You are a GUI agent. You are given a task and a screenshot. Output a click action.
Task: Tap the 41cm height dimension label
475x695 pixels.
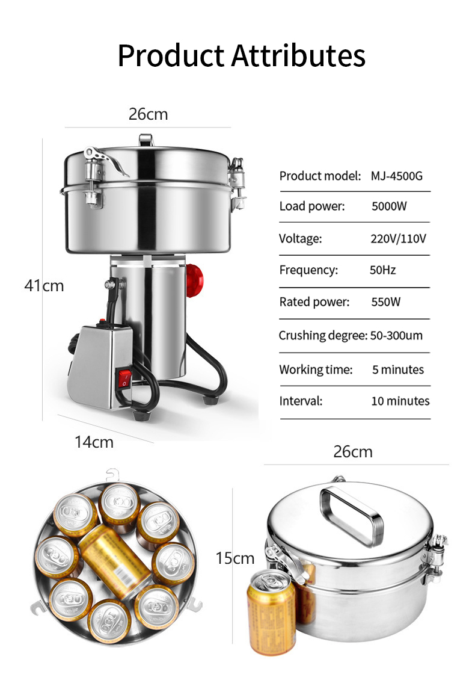[44, 285]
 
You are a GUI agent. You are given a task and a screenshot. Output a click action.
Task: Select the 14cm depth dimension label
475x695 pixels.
[94, 442]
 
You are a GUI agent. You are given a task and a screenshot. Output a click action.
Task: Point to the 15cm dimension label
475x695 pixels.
[235, 558]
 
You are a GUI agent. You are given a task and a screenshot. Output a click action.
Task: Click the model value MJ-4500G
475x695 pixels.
[397, 176]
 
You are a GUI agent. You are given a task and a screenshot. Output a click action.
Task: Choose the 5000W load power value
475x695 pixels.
[389, 206]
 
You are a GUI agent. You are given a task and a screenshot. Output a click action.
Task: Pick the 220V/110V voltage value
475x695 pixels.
[399, 239]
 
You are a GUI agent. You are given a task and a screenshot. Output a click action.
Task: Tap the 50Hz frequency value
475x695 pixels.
[383, 270]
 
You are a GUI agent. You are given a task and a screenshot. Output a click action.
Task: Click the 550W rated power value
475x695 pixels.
[386, 302]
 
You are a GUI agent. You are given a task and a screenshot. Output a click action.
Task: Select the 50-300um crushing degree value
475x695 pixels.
[396, 336]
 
